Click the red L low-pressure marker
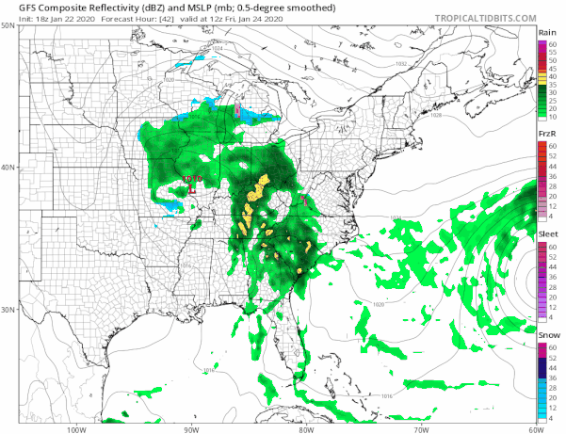coord(191,188)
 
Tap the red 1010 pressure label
coord(190,178)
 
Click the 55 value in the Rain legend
coord(553,52)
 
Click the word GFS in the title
coord(17,8)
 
